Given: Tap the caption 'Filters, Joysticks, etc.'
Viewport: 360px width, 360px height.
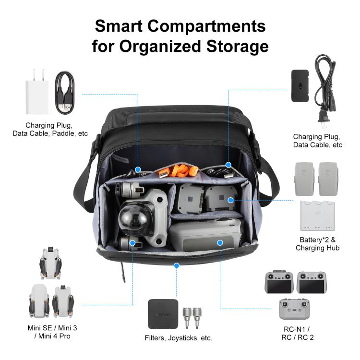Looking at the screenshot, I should coord(179,338).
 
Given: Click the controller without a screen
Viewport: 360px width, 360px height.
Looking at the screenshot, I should coord(294,310).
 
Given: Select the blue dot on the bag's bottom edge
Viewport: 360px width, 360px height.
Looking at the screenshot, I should coord(177,265).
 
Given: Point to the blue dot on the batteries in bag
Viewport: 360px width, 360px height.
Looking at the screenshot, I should coord(231,200).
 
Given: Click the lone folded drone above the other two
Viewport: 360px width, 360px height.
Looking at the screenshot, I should coord(51,263).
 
